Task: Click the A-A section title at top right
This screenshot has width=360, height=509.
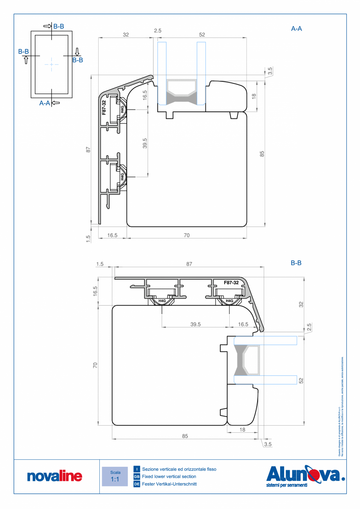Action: (x=297, y=29)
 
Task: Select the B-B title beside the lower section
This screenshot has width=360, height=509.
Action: (x=296, y=263)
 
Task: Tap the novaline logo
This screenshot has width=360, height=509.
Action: (x=55, y=476)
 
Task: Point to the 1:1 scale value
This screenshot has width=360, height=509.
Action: (x=115, y=479)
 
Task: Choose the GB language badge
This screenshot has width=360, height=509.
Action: (x=137, y=477)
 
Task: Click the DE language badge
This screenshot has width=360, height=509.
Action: (x=137, y=484)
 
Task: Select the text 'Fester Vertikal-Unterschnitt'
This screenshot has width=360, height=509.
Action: (x=169, y=484)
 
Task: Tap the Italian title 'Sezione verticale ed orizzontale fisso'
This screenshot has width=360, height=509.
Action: (x=179, y=469)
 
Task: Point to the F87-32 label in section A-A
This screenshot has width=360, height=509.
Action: (x=104, y=108)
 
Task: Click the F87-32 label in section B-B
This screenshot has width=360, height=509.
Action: (x=231, y=282)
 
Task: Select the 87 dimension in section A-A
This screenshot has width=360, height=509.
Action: (x=88, y=149)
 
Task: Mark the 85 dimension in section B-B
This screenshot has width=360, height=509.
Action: (x=185, y=435)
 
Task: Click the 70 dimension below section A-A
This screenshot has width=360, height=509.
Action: (x=187, y=235)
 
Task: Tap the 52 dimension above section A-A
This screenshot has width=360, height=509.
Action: (x=202, y=35)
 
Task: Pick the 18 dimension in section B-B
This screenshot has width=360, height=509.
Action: (x=242, y=429)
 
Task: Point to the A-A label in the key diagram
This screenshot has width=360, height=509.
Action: (x=45, y=103)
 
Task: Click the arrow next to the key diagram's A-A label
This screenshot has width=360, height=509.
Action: (x=56, y=103)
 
